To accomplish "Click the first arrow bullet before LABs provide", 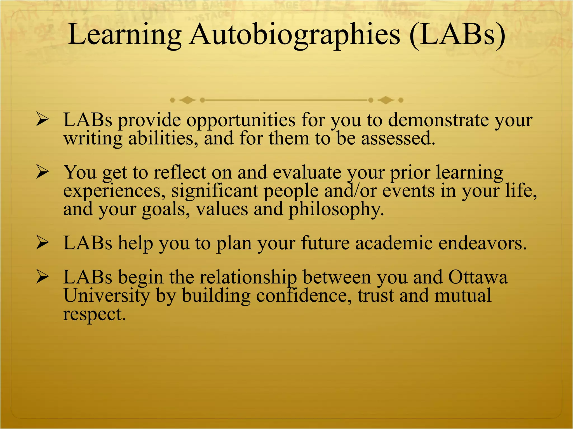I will [x=43, y=120].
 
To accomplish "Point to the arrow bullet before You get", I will [x=43, y=173].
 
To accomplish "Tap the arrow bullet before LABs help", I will [x=43, y=243].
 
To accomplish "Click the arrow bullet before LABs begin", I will [x=43, y=277].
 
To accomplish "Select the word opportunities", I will [x=241, y=120].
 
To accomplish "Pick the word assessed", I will [x=398, y=139].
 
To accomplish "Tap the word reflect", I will [x=180, y=172].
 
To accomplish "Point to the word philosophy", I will [x=336, y=209].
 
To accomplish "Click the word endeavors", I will [x=483, y=243].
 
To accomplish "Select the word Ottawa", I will [x=478, y=277].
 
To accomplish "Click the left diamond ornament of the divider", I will [x=187, y=100].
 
